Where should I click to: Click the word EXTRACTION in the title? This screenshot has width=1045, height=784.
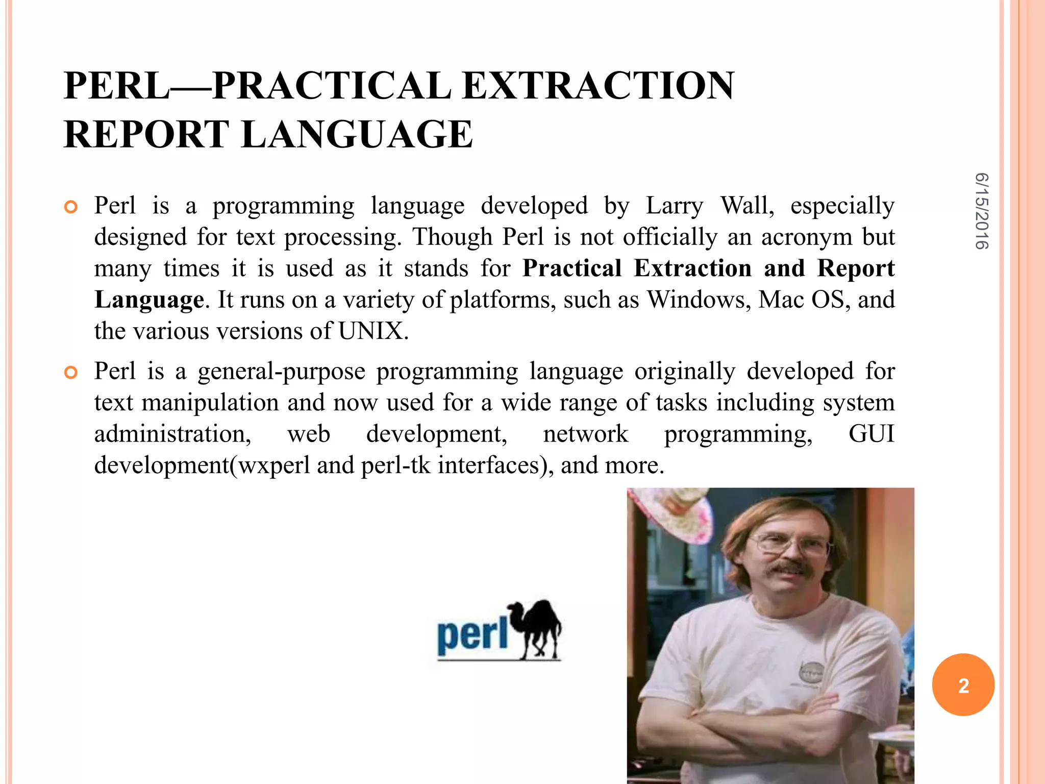598,86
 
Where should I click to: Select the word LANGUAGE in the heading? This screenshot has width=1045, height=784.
357,134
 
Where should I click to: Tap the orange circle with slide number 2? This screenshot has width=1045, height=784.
963,685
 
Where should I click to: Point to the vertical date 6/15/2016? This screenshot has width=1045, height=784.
981,211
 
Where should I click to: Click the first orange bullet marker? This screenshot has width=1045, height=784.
71,207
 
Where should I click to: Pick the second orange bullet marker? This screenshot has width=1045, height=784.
71,373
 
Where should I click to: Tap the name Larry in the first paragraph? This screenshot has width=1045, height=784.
674,206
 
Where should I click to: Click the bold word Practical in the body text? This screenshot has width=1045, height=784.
571,268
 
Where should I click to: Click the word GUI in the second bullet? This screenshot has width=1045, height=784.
871,434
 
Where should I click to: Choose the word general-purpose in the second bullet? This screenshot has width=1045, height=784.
281,372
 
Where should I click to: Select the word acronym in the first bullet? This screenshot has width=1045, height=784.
806,237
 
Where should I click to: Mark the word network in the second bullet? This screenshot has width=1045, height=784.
585,434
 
